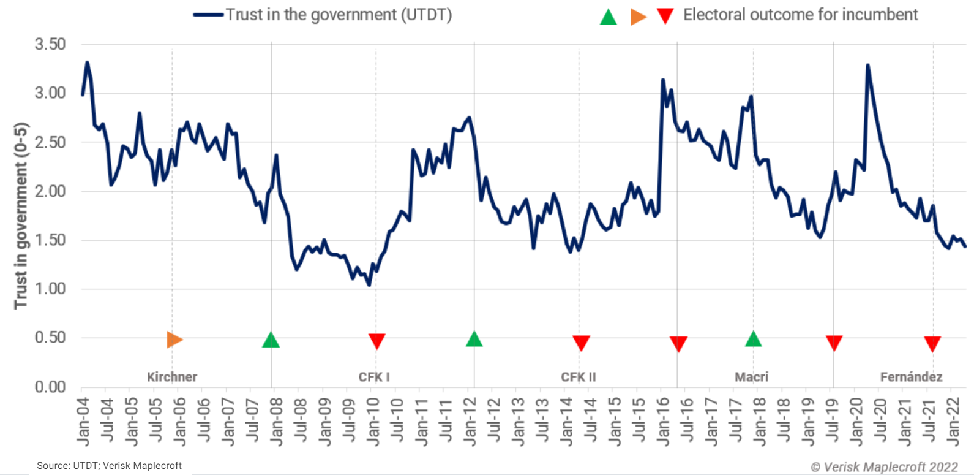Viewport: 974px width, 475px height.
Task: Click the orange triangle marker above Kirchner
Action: click(174, 340)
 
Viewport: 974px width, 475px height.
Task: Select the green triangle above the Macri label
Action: click(753, 339)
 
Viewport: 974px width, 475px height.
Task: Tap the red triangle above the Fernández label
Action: click(932, 344)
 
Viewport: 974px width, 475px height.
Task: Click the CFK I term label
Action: click(374, 377)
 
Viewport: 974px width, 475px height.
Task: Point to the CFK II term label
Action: click(579, 377)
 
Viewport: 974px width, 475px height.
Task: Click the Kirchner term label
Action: click(172, 377)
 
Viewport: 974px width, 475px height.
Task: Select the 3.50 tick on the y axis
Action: click(50, 44)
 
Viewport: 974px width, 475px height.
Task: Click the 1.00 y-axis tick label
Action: click(50, 289)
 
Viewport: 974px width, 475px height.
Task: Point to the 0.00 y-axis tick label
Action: click(50, 387)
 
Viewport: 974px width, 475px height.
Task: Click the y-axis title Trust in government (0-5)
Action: click(21, 216)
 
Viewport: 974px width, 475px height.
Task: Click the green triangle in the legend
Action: click(608, 17)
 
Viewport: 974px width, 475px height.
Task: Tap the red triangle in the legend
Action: click(665, 16)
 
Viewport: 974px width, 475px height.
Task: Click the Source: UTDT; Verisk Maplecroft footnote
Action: click(109, 466)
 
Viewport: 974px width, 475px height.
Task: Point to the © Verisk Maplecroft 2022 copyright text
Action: click(884, 467)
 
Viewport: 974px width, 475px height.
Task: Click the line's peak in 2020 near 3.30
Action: click(867, 65)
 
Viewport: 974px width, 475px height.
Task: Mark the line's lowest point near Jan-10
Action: click(369, 285)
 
